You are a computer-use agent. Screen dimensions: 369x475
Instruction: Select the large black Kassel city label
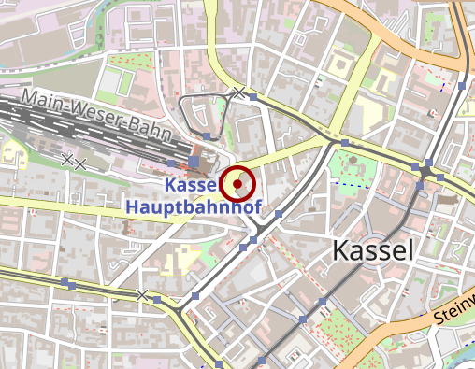373,249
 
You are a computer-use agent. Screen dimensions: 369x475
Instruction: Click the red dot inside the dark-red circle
239,185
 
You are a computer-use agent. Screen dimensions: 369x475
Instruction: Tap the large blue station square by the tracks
194,162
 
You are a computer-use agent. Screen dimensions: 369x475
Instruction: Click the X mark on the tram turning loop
239,92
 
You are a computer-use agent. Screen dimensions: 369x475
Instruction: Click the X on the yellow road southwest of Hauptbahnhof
142,295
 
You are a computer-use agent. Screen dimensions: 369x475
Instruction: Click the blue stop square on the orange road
462,86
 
